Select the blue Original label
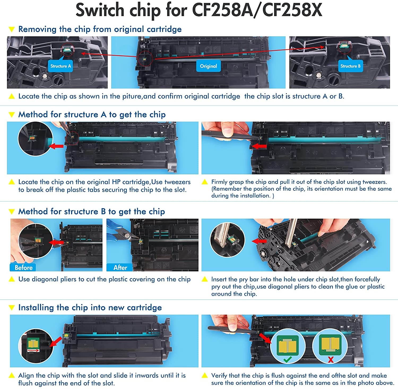click(x=208, y=66)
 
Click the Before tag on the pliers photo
click(x=23, y=267)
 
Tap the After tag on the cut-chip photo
click(x=120, y=267)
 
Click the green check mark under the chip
click(x=288, y=360)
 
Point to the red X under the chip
click(x=331, y=360)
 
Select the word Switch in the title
click(x=99, y=10)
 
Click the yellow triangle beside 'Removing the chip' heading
click(x=11, y=29)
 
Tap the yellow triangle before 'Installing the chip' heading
click(x=11, y=308)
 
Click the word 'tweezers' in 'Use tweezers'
click(x=178, y=182)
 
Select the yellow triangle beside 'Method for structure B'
click(x=11, y=211)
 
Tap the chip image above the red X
click(x=330, y=344)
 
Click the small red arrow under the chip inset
click(x=33, y=351)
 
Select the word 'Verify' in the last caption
click(x=219, y=375)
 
